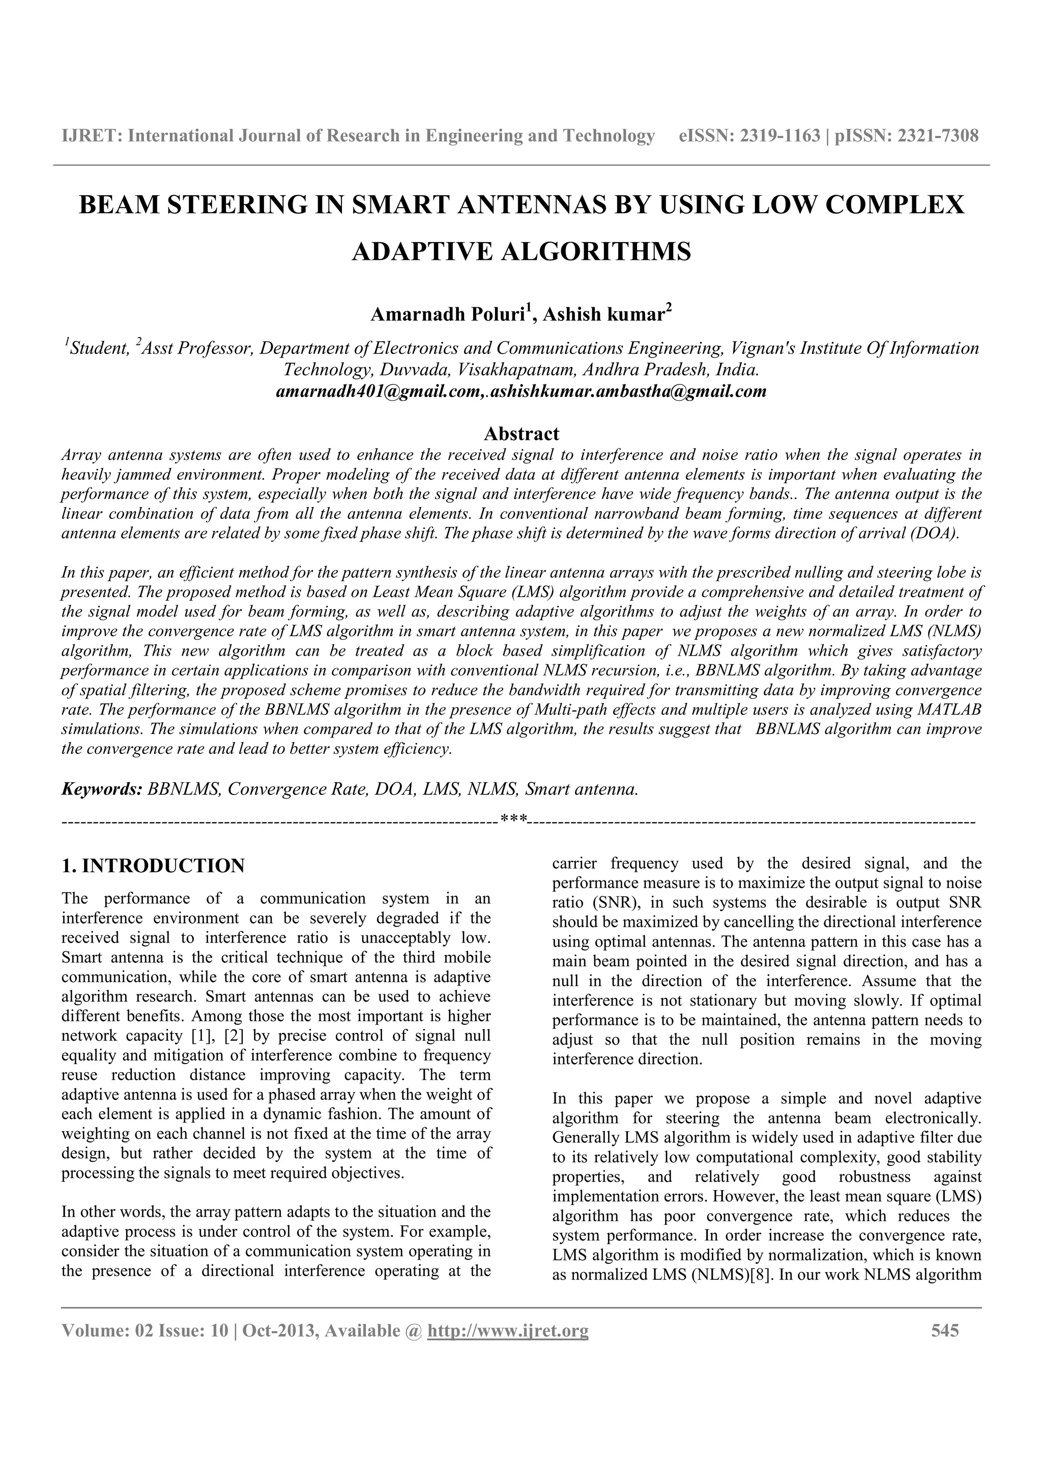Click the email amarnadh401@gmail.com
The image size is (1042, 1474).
point(379,392)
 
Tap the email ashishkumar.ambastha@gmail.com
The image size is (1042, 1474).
point(628,392)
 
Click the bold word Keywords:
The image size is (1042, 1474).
point(101,789)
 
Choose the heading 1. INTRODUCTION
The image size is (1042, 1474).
point(153,866)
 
